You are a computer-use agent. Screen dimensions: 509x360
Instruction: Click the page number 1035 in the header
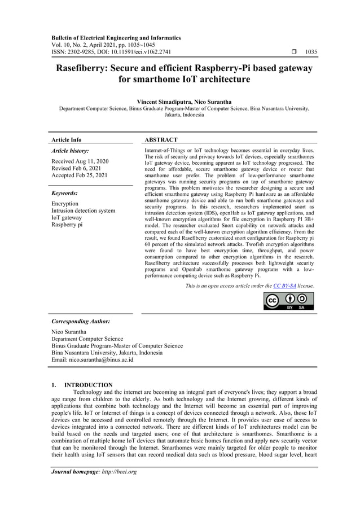tap(310, 52)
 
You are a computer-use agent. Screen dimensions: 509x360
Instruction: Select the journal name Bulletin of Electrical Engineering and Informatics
tap(116, 38)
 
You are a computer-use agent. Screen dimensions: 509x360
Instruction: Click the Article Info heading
tap(66, 139)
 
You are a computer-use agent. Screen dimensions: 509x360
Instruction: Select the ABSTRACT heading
tap(161, 139)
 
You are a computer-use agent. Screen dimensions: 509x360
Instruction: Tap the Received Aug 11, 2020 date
tap(80, 161)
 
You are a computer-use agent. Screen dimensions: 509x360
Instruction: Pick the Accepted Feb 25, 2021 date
tap(80, 175)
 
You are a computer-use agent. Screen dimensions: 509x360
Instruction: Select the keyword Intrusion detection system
tap(83, 210)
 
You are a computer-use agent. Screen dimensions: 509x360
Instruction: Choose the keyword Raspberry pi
tap(67, 225)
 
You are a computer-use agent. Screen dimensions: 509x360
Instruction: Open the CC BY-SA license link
tap(284, 286)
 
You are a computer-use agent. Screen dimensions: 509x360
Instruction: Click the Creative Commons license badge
tap(288, 301)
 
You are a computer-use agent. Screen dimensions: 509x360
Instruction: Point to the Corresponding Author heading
tap(80, 321)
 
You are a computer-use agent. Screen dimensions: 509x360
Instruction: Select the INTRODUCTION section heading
tap(88, 385)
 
